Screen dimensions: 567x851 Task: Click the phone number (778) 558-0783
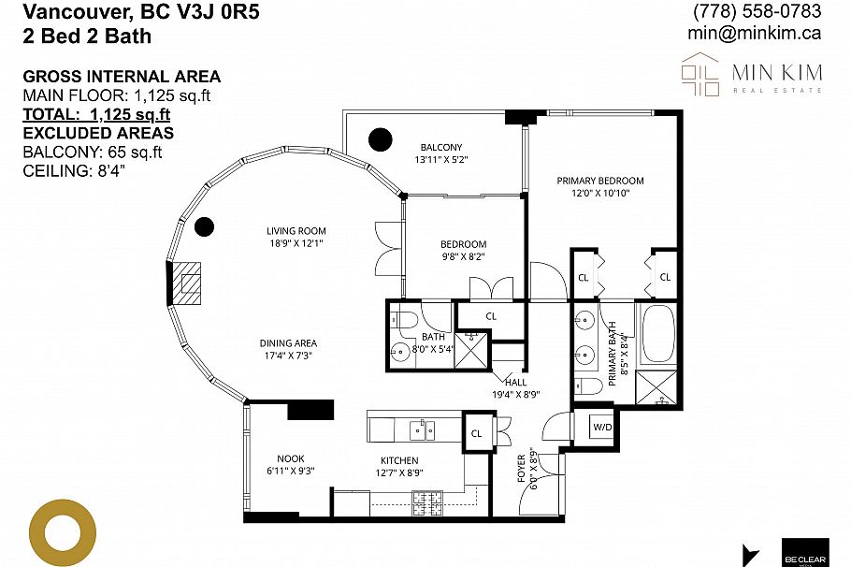click(x=757, y=11)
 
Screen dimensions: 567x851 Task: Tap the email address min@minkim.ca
click(x=755, y=33)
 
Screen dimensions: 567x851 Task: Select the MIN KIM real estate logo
click(x=752, y=74)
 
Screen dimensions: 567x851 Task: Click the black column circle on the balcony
click(x=380, y=139)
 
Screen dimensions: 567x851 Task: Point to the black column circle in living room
click(x=204, y=226)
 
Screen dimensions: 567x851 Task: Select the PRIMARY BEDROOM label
click(x=600, y=181)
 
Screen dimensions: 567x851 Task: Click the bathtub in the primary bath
click(x=656, y=334)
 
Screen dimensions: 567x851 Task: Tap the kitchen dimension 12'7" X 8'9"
click(x=399, y=473)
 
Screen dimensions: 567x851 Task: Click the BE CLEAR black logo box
click(x=804, y=550)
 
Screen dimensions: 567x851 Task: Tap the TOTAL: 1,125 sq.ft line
click(x=96, y=114)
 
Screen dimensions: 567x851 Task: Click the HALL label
click(x=515, y=382)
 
